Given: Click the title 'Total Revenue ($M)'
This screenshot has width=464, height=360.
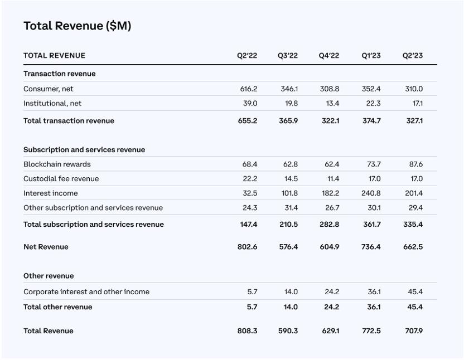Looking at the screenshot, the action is click(x=77, y=26).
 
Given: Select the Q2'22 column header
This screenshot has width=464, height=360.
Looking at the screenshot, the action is click(x=247, y=56).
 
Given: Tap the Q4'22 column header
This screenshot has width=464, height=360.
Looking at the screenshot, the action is click(x=329, y=56).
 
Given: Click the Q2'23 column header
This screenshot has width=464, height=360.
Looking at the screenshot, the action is click(x=413, y=56).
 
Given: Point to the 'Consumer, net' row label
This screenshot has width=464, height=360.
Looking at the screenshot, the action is click(x=48, y=89).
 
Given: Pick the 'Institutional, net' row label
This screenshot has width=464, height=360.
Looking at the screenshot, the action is click(x=52, y=103).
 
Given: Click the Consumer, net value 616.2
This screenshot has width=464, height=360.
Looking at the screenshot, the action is click(x=249, y=89).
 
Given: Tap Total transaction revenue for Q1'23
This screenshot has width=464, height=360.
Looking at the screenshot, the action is click(x=371, y=121).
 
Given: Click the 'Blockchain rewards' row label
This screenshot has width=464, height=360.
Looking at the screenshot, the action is click(x=57, y=164).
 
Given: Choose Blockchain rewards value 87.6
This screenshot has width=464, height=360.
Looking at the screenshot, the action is click(x=416, y=164).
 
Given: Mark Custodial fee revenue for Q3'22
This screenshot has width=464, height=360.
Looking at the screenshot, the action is click(x=291, y=179).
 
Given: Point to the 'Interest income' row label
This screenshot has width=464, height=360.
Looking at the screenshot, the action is click(x=51, y=193).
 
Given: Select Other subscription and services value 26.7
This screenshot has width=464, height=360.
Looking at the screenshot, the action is click(x=332, y=208).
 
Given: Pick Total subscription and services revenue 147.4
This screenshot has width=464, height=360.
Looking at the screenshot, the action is click(x=249, y=224).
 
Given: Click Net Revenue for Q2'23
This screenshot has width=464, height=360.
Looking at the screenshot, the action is click(x=413, y=247).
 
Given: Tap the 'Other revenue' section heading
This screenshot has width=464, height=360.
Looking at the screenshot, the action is click(x=49, y=276).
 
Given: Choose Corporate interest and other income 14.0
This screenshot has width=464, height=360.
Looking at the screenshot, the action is click(x=291, y=291).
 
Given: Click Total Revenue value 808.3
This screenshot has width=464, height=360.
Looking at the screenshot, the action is click(x=248, y=330).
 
